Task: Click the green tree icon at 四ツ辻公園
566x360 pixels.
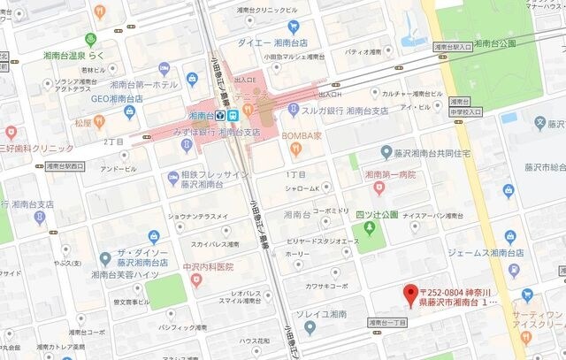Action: (x=369, y=229)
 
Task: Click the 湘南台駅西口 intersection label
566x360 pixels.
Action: (x=66, y=165)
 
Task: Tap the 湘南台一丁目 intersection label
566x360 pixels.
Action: (x=386, y=323)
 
